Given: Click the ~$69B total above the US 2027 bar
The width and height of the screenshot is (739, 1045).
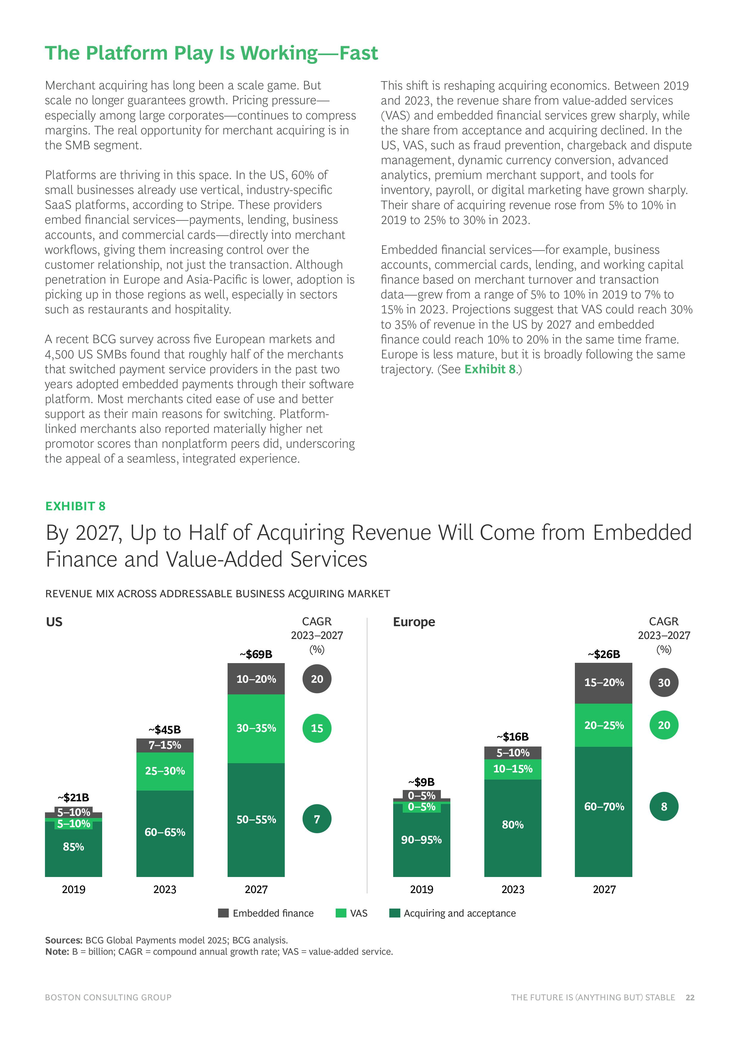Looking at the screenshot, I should pyautogui.click(x=256, y=654).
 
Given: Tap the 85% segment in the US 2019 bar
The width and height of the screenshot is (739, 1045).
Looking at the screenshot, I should pyautogui.click(x=73, y=847).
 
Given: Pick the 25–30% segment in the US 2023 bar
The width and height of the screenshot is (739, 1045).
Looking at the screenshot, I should pyautogui.click(x=165, y=771).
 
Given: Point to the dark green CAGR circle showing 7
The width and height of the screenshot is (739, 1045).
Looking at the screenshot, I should pyautogui.click(x=317, y=819).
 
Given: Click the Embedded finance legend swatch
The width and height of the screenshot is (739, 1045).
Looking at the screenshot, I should pyautogui.click(x=223, y=913).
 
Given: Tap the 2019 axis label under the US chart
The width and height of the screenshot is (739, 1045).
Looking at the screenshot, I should pyautogui.click(x=73, y=889).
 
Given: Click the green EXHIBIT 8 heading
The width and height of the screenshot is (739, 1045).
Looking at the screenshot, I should pyautogui.click(x=76, y=506).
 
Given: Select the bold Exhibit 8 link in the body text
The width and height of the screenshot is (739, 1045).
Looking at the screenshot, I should pyautogui.click(x=490, y=369).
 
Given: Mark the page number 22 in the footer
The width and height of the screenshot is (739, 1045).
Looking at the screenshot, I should pyautogui.click(x=690, y=997).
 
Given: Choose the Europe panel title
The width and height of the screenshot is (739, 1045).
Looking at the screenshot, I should pyautogui.click(x=414, y=622).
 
